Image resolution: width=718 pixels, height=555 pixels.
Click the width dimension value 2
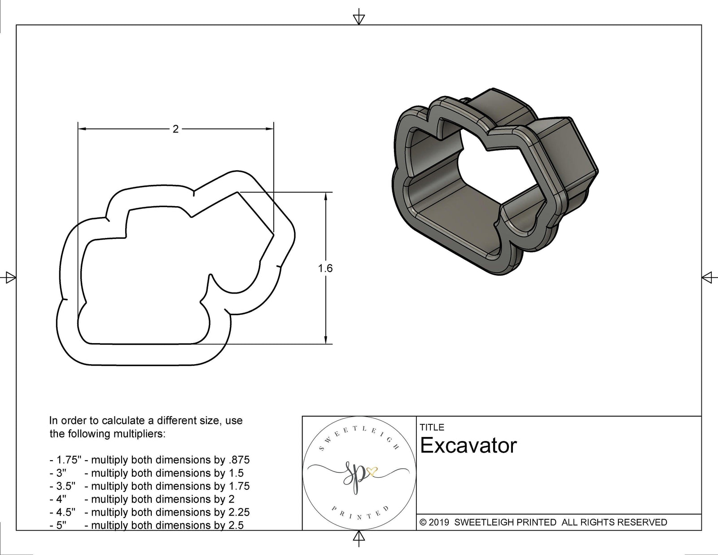pos(175,129)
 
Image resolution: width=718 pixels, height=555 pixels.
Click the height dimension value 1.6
pos(325,269)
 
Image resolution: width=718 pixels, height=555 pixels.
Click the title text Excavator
pos(468,445)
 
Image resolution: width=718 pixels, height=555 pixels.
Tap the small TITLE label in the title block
pos(432,427)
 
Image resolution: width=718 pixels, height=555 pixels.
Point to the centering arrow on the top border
pos(359,19)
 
